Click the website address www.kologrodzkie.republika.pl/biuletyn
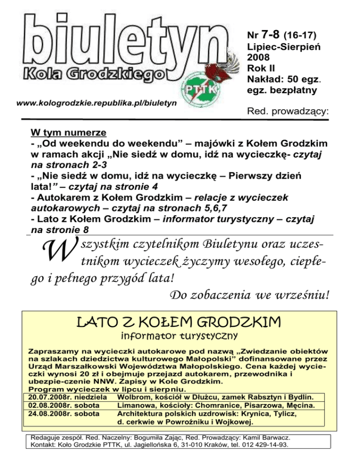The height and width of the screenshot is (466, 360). (96, 102)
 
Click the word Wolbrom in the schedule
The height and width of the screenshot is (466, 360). (135, 397)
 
